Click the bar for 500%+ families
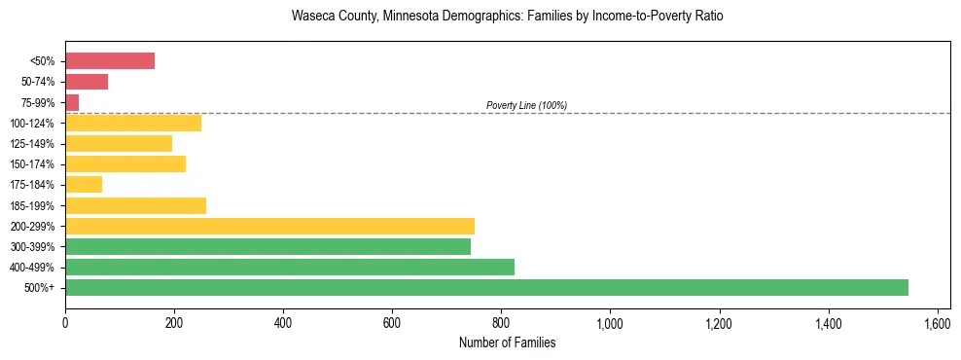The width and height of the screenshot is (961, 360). tap(486, 287)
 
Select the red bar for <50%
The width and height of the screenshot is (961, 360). tap(110, 61)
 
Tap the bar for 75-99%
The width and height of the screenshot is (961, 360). tap(72, 102)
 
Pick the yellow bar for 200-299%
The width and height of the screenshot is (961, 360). tap(269, 226)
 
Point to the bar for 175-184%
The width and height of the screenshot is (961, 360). tap(84, 184)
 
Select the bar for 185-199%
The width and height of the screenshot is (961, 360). tap(135, 205)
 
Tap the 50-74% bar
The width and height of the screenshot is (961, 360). tap(87, 82)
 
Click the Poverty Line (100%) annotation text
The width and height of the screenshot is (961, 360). tap(526, 105)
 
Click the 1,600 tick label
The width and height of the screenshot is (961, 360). tap(937, 323)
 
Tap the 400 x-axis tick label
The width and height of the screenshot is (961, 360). tap(283, 323)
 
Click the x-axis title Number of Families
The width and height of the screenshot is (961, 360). tap(507, 342)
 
